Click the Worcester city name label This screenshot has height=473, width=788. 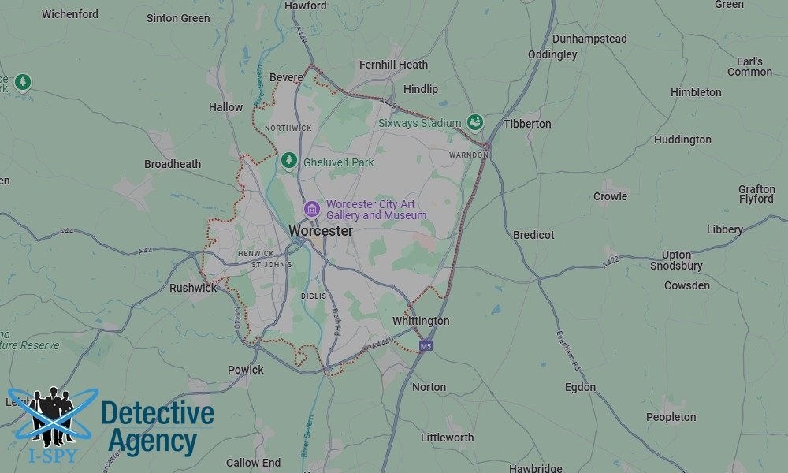tap(320, 230)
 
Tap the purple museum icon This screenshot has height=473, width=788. tap(312, 209)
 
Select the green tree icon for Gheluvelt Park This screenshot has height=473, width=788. tap(289, 162)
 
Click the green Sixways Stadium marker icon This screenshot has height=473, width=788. tap(474, 122)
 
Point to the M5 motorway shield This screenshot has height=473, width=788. tap(426, 346)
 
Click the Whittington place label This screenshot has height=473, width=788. tap(421, 321)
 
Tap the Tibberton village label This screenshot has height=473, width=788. tap(527, 124)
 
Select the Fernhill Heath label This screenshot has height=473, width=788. tap(393, 65)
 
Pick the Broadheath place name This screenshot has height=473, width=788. tap(173, 164)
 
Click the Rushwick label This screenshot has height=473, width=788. tap(193, 288)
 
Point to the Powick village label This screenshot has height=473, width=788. tap(246, 370)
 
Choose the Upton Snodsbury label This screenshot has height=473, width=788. tap(677, 260)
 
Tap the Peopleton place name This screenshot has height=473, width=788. tap(671, 417)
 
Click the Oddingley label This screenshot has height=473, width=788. tap(552, 54)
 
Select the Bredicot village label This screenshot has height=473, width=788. tap(533, 235)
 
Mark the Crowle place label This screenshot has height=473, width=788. tap(610, 196)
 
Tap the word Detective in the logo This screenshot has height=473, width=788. tap(158, 414)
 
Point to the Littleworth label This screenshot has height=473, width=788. tap(447, 438)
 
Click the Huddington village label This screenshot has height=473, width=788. tap(682, 140)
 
